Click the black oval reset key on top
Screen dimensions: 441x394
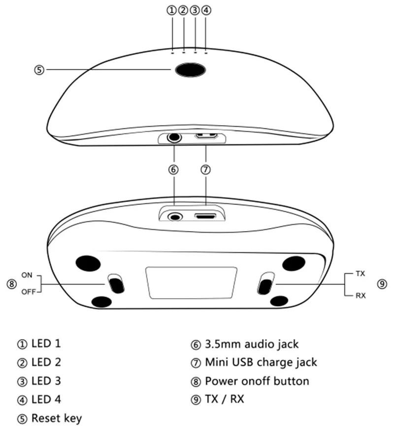[190, 70]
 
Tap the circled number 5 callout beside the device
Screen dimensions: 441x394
[39, 70]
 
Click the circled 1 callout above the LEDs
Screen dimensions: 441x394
[171, 10]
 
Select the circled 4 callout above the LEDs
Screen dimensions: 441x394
[206, 10]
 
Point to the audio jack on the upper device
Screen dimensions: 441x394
[173, 137]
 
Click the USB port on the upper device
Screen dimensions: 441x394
[207, 136]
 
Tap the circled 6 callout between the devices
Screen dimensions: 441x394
[173, 170]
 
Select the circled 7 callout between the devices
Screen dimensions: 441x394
[206, 170]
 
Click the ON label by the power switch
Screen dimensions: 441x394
[27, 274]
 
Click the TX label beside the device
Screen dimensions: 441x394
[361, 273]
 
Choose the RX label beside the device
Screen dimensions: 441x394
[361, 296]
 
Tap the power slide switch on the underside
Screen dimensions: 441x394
[116, 285]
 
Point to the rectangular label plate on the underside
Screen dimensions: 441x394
[191, 282]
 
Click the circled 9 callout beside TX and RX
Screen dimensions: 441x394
[382, 284]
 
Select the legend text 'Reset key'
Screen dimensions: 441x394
[56, 418]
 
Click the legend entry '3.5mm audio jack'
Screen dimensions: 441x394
[251, 343]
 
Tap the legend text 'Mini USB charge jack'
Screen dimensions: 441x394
[261, 362]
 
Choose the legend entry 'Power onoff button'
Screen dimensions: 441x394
[257, 381]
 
